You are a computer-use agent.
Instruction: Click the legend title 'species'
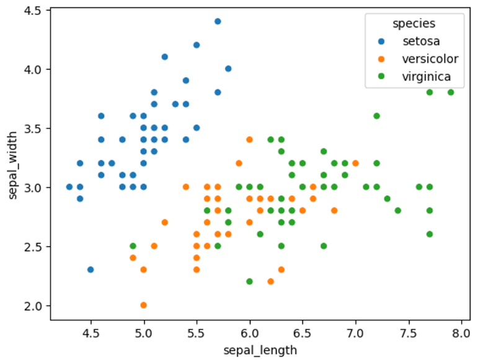pos(413,24)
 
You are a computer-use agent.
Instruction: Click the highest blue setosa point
pos(218,21)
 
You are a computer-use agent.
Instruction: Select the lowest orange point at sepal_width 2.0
pos(144,305)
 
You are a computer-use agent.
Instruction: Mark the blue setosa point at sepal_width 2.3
pos(91,270)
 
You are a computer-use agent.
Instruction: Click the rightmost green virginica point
pos(451,92)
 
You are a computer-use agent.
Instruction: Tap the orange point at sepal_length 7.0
pos(355,164)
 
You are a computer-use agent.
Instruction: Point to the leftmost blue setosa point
pos(69,187)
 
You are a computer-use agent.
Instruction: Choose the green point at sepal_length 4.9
pos(133,246)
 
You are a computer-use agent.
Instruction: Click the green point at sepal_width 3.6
pos(376,116)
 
